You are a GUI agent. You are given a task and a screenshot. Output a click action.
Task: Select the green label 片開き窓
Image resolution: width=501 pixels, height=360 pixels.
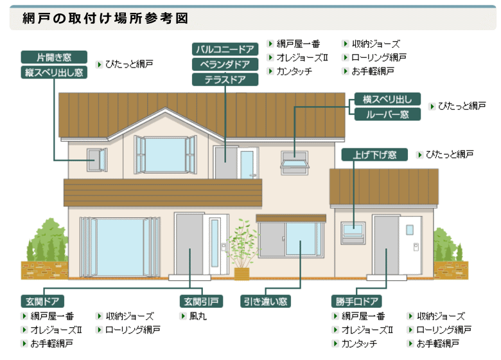(x=54, y=57)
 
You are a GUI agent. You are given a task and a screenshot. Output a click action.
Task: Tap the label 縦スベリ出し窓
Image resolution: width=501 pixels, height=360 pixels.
(x=54, y=72)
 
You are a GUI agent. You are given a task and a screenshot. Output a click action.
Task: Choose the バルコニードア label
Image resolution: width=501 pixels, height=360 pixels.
(x=225, y=49)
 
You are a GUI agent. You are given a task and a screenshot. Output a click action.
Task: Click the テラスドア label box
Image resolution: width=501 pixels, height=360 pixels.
(x=225, y=79)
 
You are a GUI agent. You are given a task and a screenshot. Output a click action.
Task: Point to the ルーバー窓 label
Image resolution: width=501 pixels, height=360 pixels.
(x=387, y=114)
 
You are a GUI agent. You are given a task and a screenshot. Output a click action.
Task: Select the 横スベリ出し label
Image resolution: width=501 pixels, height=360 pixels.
(x=387, y=100)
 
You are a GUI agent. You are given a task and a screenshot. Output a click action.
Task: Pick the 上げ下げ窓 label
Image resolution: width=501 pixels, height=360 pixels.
(x=374, y=155)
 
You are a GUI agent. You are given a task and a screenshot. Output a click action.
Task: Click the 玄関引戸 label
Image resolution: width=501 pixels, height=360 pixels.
(x=202, y=301)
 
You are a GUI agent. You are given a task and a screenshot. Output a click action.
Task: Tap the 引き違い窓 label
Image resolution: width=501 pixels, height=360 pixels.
(x=265, y=301)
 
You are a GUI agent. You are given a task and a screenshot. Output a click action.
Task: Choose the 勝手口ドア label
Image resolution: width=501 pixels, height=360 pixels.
(x=357, y=301)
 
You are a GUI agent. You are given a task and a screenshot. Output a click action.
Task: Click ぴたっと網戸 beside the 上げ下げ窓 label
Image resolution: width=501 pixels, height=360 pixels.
(x=450, y=155)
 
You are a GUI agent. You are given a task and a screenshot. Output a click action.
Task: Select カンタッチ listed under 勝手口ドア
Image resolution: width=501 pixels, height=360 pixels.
(x=359, y=344)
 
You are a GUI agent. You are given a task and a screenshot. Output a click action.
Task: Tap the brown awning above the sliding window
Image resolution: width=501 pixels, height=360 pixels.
(x=291, y=219)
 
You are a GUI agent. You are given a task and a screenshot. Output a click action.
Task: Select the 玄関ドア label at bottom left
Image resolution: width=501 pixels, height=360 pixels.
(x=42, y=301)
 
